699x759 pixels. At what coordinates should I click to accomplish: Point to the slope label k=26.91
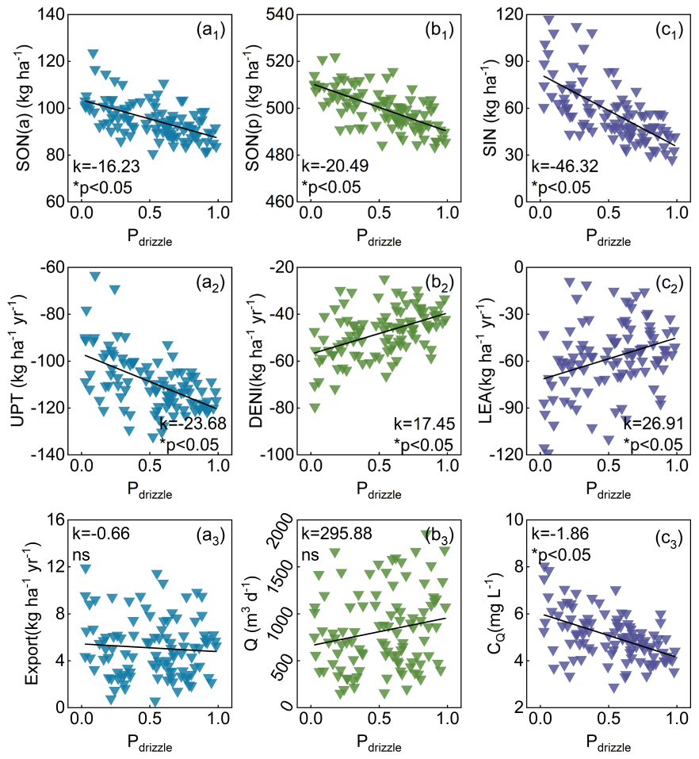pos(651,422)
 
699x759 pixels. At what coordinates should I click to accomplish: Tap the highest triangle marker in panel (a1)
pos(94,54)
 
